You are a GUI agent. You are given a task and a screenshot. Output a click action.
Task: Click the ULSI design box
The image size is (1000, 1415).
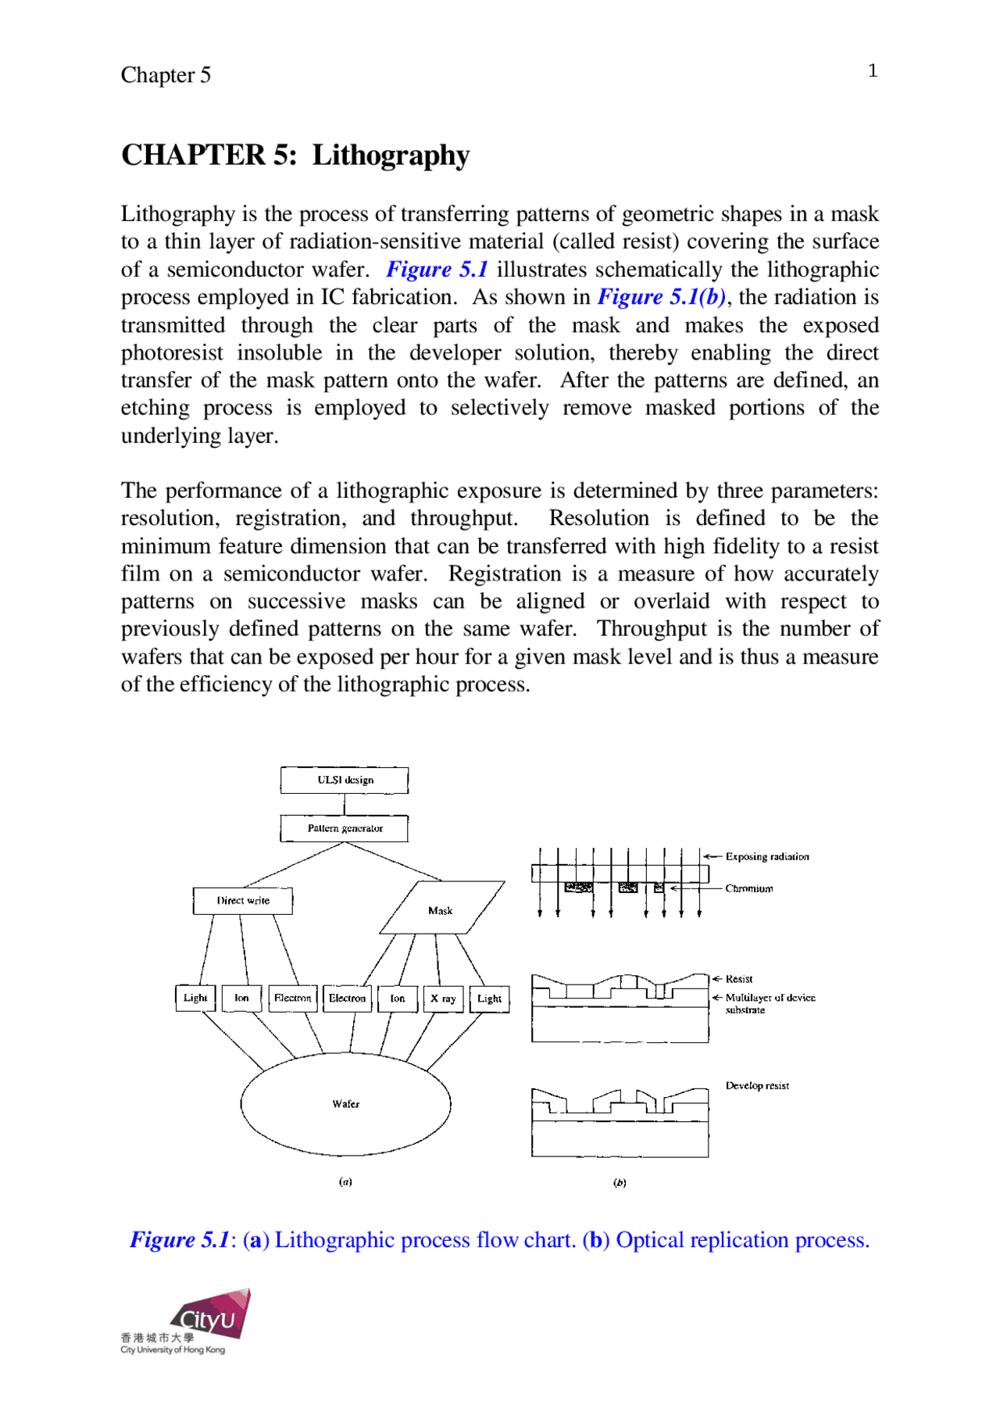[345, 780]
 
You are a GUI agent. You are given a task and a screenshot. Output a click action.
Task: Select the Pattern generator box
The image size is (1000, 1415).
[345, 828]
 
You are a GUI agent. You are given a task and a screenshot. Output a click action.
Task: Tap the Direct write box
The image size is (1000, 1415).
[243, 901]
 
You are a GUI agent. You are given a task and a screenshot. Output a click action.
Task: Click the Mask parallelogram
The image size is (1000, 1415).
[441, 910]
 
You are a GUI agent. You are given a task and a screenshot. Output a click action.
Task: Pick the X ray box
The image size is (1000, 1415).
[443, 999]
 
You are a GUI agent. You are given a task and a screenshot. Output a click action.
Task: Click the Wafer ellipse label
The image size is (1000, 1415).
[345, 1104]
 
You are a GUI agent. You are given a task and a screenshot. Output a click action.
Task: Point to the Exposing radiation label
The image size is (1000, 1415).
[766, 856]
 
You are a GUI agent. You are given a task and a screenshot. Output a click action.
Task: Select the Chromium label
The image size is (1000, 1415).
[748, 888]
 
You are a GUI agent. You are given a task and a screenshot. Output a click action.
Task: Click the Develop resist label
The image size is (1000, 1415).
[756, 1085]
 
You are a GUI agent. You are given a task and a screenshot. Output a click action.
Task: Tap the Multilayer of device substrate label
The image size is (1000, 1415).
[769, 1003]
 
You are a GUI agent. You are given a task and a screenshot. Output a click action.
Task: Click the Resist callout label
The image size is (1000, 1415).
[738, 979]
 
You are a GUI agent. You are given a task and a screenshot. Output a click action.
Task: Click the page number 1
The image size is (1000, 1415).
[873, 71]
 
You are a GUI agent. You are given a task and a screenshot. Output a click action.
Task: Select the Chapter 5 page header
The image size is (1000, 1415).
[166, 75]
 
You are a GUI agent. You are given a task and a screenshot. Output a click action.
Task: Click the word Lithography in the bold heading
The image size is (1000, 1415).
[391, 155]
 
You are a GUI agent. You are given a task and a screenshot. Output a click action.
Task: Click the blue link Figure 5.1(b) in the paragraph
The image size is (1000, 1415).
[662, 298]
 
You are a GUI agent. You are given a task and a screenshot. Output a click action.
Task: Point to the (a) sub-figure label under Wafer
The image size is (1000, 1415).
[345, 1182]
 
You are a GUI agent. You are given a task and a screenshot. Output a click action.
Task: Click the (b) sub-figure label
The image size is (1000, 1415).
[620, 1183]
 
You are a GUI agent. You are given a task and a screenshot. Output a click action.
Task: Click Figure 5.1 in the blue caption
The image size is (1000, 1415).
[180, 1240]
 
